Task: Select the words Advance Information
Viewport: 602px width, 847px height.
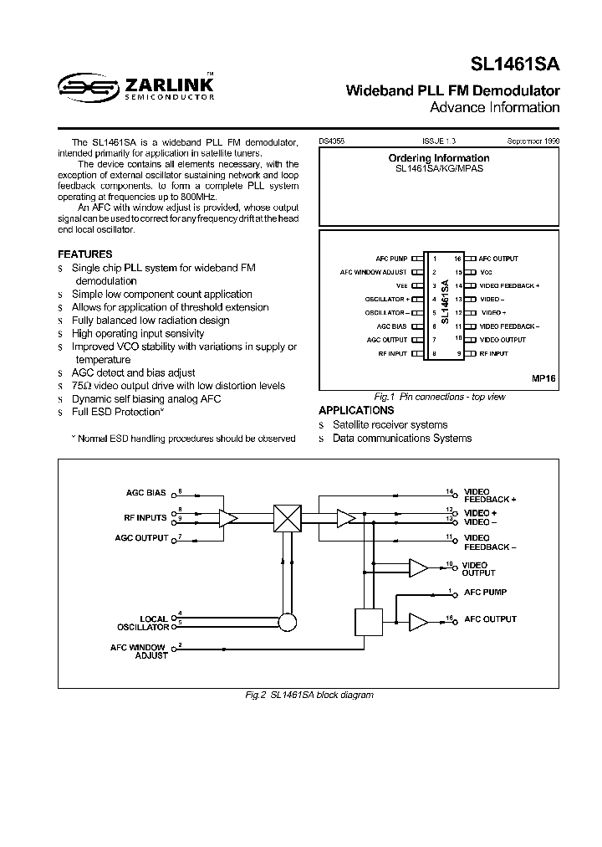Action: (x=494, y=107)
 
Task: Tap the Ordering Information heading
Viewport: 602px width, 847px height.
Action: (x=439, y=158)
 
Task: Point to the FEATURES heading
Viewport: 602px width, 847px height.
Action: (x=84, y=254)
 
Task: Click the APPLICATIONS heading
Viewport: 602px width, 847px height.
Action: (x=356, y=410)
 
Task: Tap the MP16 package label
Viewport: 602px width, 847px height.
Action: (x=543, y=378)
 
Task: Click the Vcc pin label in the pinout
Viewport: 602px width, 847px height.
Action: (x=486, y=272)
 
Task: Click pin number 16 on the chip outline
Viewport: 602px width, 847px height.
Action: (x=458, y=259)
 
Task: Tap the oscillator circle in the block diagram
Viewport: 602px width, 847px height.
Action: (x=287, y=622)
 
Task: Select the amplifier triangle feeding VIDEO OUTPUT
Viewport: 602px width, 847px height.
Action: (x=417, y=568)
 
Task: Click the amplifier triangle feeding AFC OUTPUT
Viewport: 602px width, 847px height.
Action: (x=417, y=621)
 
